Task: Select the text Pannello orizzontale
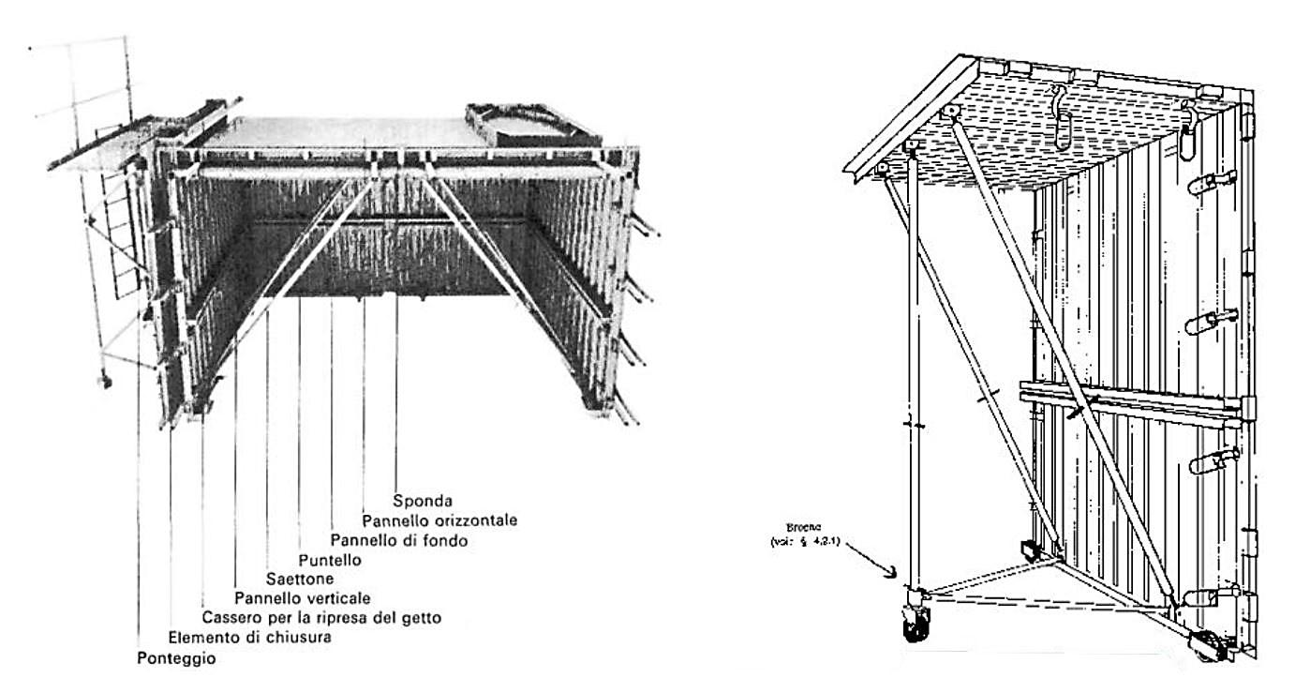[439, 520]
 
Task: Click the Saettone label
[300, 579]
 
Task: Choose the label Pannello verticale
[303, 598]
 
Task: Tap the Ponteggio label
[176, 658]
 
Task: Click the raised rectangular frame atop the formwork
[519, 125]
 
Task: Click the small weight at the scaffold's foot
[104, 382]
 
